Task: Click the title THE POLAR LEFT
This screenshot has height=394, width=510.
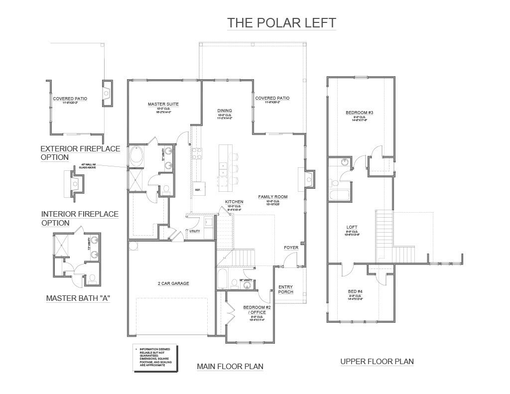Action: click(281, 23)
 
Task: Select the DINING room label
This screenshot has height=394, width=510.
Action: click(225, 111)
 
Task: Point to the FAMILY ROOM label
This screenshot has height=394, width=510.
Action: click(272, 197)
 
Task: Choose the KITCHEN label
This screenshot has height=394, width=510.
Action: click(234, 202)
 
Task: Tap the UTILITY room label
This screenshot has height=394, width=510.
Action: click(195, 231)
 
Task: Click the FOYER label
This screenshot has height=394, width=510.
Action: click(291, 248)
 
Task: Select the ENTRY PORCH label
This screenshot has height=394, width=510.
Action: click(285, 289)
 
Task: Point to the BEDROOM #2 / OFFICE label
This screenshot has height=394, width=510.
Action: click(257, 310)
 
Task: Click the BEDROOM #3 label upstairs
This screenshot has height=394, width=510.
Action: click(359, 113)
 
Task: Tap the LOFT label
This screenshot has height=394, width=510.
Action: click(359, 228)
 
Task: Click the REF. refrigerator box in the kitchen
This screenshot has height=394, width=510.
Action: click(198, 190)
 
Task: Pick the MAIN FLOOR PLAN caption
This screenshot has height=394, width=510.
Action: click(230, 367)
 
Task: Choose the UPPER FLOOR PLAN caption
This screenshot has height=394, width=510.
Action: click(377, 362)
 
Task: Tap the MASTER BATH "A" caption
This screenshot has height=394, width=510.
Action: click(78, 298)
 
